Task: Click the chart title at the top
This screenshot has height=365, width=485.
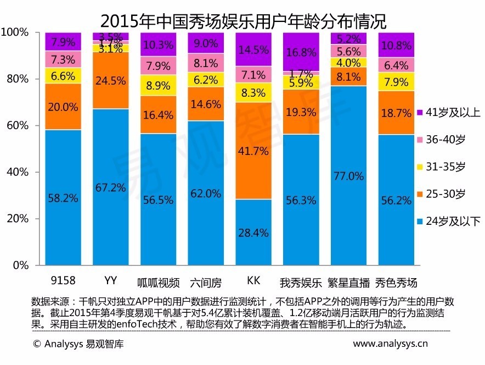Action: pyautogui.click(x=243, y=20)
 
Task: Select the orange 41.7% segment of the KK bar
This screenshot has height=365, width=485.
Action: pyautogui.click(x=253, y=151)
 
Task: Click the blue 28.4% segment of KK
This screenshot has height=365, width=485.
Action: pyautogui.click(x=253, y=232)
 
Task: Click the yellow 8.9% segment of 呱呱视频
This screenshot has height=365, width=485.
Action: pyautogui.click(x=158, y=85)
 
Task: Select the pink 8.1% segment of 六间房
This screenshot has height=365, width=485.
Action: pyautogui.click(x=206, y=63)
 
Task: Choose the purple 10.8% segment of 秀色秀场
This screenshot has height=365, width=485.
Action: pyautogui.click(x=396, y=45)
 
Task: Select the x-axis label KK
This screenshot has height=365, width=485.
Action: pyautogui.click(x=253, y=281)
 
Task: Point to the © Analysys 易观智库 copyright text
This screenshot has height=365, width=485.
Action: pyautogui.click(x=78, y=345)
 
